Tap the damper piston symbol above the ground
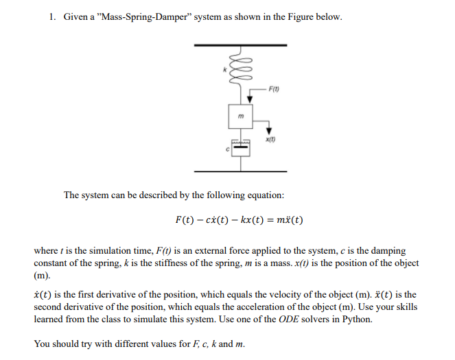click(240, 147)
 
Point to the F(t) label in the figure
click(274, 88)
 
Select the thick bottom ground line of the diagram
click(240, 171)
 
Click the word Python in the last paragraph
click(356, 320)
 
